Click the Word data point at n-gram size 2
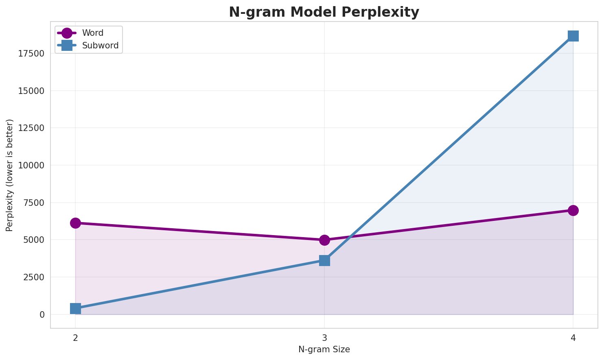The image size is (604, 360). [75, 223]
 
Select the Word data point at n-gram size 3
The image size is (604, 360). [324, 240]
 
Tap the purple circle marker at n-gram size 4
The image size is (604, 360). [573, 210]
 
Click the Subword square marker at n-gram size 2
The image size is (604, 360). [75, 308]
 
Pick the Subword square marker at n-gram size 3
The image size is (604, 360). [324, 260]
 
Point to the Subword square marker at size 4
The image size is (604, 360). [573, 36]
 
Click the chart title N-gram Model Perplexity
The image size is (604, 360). [324, 12]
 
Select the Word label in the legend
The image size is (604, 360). [93, 33]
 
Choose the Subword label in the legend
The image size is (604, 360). [100, 46]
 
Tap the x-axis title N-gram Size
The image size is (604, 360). [324, 349]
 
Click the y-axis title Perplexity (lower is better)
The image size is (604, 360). [10, 175]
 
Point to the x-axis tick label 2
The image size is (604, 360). [75, 338]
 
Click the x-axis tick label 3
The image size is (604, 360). [324, 338]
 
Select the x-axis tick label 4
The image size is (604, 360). [573, 338]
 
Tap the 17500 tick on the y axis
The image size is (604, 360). [31, 54]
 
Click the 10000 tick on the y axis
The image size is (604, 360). [31, 166]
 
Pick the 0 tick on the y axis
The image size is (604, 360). [42, 314]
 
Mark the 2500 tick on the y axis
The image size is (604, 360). [34, 277]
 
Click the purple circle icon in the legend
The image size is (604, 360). [67, 33]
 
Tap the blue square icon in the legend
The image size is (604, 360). [67, 46]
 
